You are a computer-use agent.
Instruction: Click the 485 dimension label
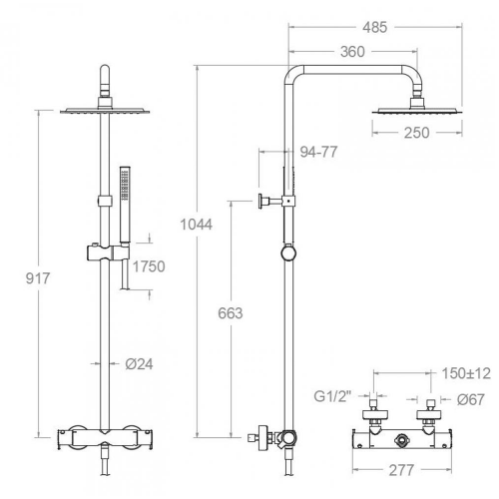pos(375,28)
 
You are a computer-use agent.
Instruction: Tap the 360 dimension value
pos(352,52)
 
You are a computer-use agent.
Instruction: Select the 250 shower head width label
pos(416,133)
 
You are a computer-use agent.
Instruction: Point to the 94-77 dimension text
pos(318,152)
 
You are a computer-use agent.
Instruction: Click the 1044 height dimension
pos(197,225)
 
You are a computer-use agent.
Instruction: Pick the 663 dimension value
pos(231,313)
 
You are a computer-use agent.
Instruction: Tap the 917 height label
pos(38,278)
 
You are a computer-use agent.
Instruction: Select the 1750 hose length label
pos(149,266)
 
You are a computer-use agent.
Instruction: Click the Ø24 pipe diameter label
pos(139,364)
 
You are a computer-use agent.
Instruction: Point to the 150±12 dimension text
pos(466,373)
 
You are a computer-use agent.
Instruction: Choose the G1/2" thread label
pos(332,396)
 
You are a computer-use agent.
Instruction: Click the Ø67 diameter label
pos(470,399)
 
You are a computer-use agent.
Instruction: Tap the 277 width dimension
pos(401,470)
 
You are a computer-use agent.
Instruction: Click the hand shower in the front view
pos(125,205)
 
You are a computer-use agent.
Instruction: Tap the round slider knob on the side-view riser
pos(288,253)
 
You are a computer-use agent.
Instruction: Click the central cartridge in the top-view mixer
pos(402,441)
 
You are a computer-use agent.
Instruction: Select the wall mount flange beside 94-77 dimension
pos(260,202)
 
